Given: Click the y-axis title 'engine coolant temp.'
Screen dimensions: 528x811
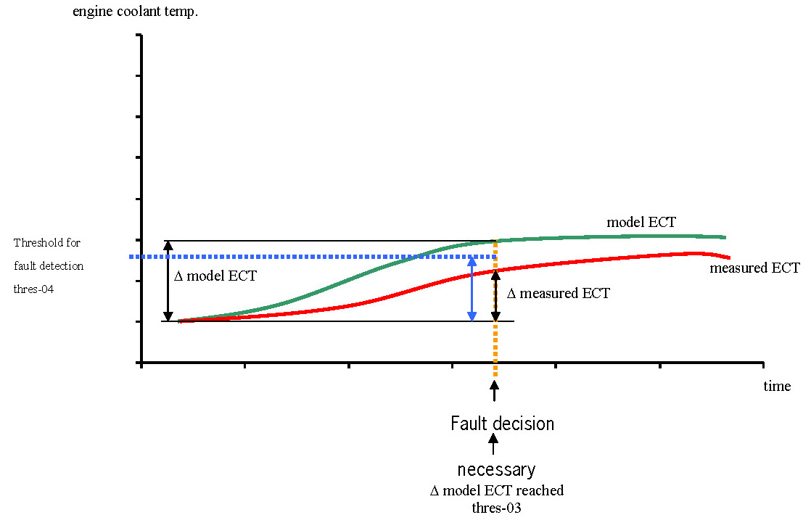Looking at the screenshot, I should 135,12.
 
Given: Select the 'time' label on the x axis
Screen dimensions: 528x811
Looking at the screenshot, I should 777,387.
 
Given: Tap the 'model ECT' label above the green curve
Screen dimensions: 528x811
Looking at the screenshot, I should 641,223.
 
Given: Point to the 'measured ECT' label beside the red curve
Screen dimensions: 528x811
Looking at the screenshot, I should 754,268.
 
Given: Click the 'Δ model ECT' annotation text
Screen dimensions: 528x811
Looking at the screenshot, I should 215,276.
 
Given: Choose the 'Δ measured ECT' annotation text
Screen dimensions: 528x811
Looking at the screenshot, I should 558,294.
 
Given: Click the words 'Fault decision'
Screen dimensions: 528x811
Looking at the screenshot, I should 502,424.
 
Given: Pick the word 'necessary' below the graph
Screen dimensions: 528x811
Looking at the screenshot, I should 496,469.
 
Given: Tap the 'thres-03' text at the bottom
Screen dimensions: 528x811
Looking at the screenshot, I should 496,507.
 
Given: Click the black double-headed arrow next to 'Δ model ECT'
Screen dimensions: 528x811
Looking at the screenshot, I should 168,281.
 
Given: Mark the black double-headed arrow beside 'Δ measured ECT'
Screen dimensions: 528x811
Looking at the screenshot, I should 496,295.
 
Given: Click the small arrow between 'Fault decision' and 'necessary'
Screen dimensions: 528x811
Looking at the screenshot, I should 495,446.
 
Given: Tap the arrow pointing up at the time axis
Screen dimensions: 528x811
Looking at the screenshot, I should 495,392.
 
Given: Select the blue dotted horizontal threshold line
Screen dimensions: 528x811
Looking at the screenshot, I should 290,257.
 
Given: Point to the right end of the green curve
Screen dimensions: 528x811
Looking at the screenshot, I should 725,236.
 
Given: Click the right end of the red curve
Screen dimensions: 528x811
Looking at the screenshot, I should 729,257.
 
